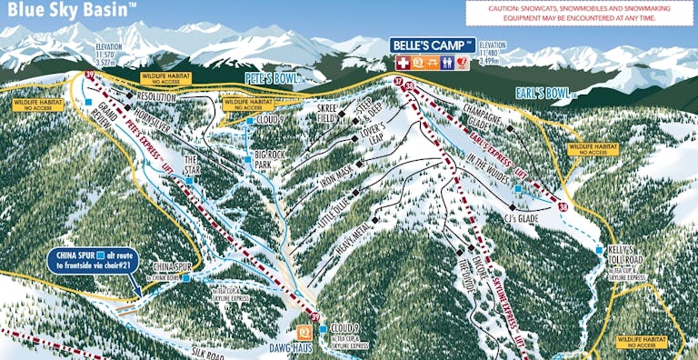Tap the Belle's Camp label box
(x=433, y=45)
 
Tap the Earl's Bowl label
(x=544, y=92)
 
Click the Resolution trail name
(x=155, y=96)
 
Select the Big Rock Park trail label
(x=270, y=160)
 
